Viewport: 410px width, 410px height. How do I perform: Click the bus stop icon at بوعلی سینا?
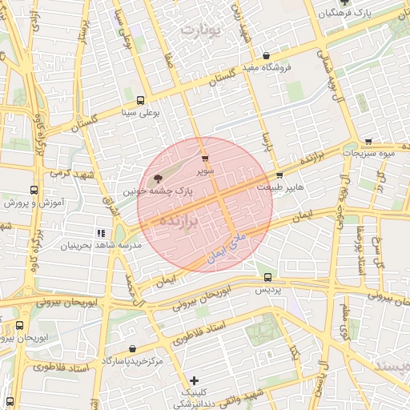click(141, 101)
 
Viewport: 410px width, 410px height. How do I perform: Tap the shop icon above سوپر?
click(206, 159)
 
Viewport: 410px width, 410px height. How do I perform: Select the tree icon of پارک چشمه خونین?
click(157, 179)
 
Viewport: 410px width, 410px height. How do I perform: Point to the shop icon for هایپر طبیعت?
click(279, 175)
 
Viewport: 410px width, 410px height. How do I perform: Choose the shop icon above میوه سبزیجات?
click(368, 140)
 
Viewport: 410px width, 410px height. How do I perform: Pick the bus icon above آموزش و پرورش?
click(33, 191)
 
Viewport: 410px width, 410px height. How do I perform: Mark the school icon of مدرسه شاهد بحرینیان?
click(100, 233)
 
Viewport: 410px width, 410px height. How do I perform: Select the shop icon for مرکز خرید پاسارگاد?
click(131, 349)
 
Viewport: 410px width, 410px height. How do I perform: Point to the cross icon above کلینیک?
click(193, 380)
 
